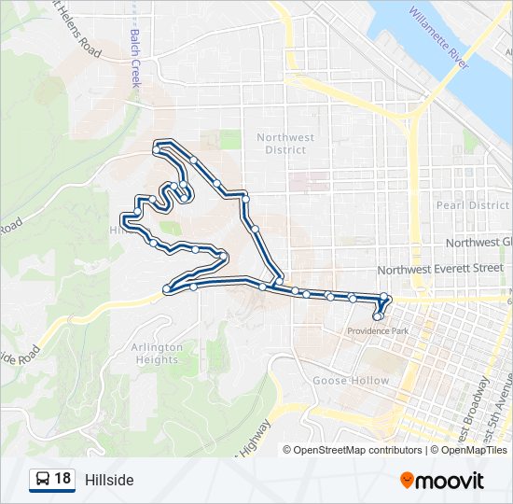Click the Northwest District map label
pyautogui.click(x=284, y=144)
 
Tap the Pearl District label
pyautogui.click(x=472, y=205)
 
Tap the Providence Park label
pyautogui.click(x=378, y=331)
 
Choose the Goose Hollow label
pyautogui.click(x=351, y=381)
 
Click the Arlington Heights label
pyautogui.click(x=151, y=354)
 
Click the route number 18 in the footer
pyautogui.click(x=62, y=480)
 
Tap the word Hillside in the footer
pyautogui.click(x=109, y=480)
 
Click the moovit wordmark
pyautogui.click(x=451, y=480)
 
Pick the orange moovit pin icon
pyautogui.click(x=408, y=480)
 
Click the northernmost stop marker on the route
pyautogui.click(x=156, y=148)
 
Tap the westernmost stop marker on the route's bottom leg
pyautogui.click(x=166, y=289)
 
